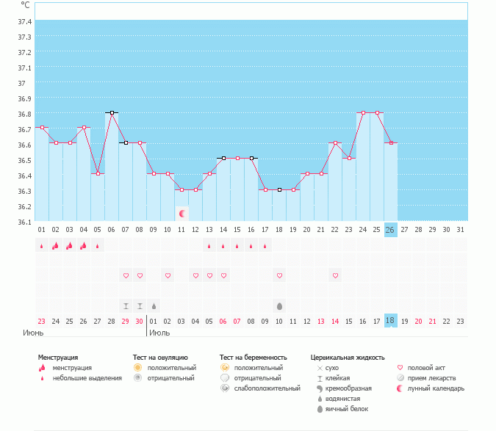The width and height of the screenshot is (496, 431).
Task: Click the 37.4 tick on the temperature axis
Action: point(25,21)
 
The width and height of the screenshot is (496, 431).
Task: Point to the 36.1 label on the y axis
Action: point(25,222)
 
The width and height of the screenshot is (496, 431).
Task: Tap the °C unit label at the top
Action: point(26,6)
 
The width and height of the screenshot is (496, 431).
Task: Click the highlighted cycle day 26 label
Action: point(390,230)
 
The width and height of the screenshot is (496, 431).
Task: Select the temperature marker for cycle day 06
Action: point(112,112)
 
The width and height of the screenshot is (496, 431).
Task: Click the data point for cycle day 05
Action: point(98,173)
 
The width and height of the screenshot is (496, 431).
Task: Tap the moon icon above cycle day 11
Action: point(181,214)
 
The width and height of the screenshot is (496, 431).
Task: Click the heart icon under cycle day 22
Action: point(335,275)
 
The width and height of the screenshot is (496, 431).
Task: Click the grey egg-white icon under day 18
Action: point(279,305)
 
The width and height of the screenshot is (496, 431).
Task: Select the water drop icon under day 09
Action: point(154,305)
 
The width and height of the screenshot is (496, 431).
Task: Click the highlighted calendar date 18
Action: point(390,320)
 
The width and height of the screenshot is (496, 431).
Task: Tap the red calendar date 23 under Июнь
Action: point(41,320)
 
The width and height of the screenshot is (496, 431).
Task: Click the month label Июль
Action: point(159,333)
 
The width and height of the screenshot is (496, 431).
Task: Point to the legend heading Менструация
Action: point(58,358)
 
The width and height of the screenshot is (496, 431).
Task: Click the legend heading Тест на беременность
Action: point(251,358)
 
